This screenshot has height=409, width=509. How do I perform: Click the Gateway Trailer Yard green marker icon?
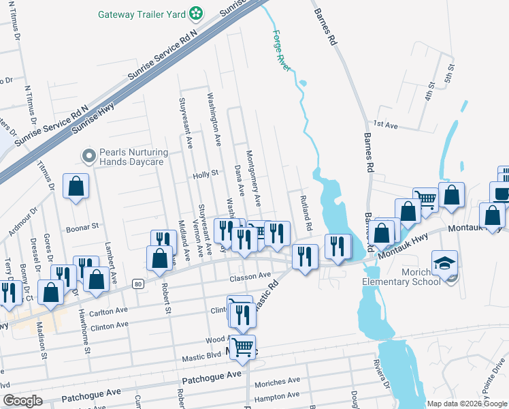click(x=196, y=13)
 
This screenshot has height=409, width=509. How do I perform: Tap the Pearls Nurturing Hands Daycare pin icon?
click(x=88, y=156)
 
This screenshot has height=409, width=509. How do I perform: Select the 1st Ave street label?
click(x=384, y=124)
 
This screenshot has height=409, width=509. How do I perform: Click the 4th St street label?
click(x=429, y=91)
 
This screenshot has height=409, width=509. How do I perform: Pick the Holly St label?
click(x=205, y=173)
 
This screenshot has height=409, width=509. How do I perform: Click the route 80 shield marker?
click(x=137, y=283)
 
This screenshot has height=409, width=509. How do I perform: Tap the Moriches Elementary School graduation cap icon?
click(x=444, y=263)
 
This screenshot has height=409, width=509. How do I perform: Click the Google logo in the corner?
click(x=22, y=401)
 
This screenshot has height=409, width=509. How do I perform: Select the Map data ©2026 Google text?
click(x=466, y=404)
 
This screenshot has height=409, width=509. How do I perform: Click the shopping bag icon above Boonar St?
click(x=76, y=185)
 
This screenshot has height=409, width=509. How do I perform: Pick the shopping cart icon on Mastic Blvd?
click(x=242, y=348)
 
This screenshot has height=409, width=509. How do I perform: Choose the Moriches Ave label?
click(x=277, y=381)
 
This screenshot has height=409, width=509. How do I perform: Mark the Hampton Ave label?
click(x=276, y=395)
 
